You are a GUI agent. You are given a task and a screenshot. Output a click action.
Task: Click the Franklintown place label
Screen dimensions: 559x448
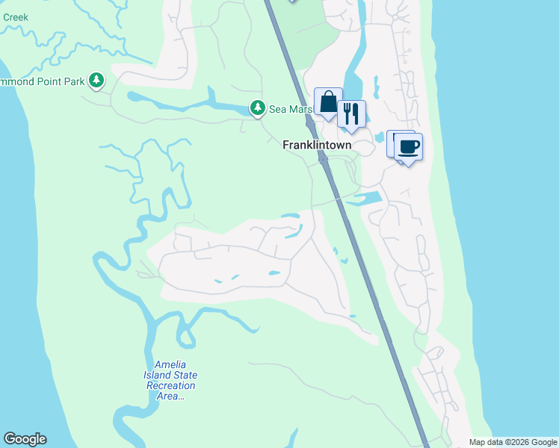click(317, 146)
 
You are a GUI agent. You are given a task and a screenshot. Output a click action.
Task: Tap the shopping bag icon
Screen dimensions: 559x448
click(328, 102)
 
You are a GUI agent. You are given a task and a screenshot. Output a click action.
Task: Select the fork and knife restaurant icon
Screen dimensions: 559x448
click(350, 114)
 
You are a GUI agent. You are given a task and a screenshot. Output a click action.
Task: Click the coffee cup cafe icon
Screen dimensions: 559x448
click(407, 146)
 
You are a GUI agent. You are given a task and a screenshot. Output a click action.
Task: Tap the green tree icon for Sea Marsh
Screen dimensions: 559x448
click(258, 109)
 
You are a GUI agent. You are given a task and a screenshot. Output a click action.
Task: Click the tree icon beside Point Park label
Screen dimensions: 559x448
click(96, 80)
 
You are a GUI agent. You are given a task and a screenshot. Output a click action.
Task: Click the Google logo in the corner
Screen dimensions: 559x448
click(25, 439)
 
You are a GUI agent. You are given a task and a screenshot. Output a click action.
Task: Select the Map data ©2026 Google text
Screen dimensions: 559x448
click(513, 442)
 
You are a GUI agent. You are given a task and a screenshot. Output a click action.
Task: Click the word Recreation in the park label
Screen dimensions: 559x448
click(170, 385)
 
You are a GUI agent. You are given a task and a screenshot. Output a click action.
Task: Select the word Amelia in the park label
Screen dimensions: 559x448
click(170, 364)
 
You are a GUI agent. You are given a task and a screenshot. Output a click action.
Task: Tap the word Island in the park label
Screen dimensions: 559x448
click(158, 375)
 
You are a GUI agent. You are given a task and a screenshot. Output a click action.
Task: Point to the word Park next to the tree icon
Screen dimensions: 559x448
click(74, 81)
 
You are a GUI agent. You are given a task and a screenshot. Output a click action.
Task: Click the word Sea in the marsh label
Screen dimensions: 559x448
click(277, 109)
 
